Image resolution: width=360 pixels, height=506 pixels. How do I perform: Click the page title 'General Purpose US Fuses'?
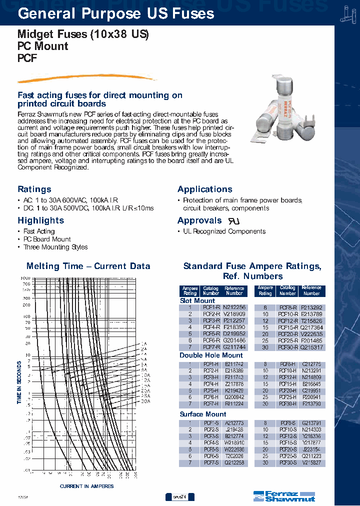116,13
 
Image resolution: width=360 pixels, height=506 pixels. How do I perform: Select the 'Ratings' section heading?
34,189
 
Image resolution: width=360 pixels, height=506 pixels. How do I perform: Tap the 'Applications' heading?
205,189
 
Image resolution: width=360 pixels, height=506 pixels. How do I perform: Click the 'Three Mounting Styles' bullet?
55,247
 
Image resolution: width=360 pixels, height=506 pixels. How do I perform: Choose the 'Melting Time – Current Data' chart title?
88,266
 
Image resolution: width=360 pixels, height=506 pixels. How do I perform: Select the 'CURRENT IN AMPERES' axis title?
86,486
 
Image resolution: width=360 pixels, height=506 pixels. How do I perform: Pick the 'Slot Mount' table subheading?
197,301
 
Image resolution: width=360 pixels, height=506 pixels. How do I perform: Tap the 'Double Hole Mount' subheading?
211,355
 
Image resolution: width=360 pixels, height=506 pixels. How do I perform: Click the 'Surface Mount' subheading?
203,414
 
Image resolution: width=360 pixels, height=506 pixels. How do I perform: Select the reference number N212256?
234,307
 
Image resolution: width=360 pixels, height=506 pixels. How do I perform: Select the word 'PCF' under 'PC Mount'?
27,58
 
